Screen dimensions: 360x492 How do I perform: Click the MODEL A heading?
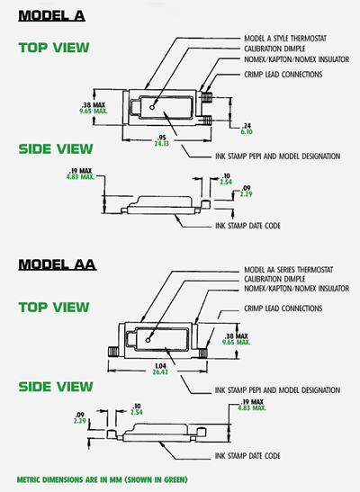click(x=52, y=15)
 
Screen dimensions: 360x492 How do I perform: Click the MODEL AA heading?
click(x=57, y=264)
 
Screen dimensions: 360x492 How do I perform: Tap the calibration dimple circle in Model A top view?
click(x=152, y=107)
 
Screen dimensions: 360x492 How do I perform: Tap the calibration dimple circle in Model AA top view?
click(x=148, y=340)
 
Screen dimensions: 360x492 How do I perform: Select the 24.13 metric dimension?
click(x=161, y=144)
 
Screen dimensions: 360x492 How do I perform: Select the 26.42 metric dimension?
click(x=160, y=372)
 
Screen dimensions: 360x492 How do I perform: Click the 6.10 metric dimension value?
click(x=247, y=132)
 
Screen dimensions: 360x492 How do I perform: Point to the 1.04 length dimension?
click(x=161, y=366)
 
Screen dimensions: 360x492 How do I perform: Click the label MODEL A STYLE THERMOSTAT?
click(x=285, y=39)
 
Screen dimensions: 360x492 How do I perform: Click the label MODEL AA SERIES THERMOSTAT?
click(x=288, y=270)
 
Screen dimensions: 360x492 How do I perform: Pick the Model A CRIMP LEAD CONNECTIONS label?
click(x=283, y=75)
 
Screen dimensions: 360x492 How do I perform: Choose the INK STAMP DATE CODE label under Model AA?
click(x=247, y=456)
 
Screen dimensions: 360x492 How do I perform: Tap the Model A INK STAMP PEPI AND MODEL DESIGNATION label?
click(x=278, y=157)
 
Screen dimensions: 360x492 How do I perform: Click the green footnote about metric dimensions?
click(x=102, y=479)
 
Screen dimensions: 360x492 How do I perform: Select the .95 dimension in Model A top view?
click(x=162, y=138)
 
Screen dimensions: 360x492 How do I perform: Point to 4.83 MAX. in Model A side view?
click(x=80, y=177)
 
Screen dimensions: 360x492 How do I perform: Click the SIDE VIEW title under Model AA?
click(x=56, y=387)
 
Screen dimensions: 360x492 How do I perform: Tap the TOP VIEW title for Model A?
click(x=54, y=48)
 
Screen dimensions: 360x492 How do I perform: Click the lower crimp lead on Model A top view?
click(x=206, y=121)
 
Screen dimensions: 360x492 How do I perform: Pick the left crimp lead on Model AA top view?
click(x=112, y=351)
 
